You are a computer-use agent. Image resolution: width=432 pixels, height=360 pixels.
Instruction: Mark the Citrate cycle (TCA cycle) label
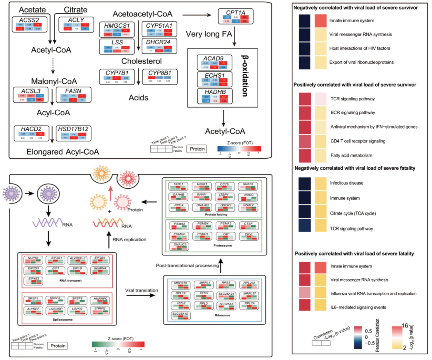tap(353, 213)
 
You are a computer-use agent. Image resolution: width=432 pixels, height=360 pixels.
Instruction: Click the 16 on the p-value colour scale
tap(404, 326)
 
